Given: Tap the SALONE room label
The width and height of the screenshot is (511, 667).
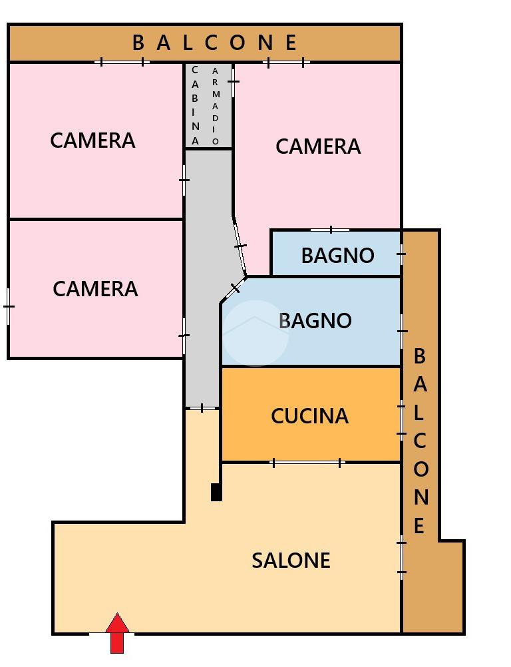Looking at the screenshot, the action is (x=291, y=560).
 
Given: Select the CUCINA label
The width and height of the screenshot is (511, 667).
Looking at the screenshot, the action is (x=309, y=416).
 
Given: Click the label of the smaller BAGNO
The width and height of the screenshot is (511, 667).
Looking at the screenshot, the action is (x=337, y=256).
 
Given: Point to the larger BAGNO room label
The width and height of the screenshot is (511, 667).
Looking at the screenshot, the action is (x=315, y=321).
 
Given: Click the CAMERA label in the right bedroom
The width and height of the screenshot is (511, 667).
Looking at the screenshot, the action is (x=318, y=146).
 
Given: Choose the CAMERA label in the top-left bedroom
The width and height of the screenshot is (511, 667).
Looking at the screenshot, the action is (x=92, y=140).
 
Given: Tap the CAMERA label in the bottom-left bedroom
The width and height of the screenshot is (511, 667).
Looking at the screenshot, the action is (x=95, y=289).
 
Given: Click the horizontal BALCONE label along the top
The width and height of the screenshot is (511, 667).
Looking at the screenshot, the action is (x=214, y=43).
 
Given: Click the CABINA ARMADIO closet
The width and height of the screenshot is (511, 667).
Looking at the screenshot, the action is (x=208, y=105).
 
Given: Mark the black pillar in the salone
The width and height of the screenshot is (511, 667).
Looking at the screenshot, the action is (x=216, y=492).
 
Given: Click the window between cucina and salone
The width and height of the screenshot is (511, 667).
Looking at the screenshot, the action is (x=307, y=463).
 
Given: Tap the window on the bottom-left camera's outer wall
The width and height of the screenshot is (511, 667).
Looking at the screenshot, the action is (x=8, y=307).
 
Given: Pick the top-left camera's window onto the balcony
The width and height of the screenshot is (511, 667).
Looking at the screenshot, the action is (x=122, y=63).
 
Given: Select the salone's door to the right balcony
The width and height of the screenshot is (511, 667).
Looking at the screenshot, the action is (x=401, y=557).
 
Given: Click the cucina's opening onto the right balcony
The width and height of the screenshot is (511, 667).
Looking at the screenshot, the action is (x=401, y=419).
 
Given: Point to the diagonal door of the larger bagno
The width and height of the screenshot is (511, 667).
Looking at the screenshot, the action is (x=234, y=290).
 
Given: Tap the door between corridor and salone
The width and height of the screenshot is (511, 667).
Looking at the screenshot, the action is (x=202, y=408).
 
